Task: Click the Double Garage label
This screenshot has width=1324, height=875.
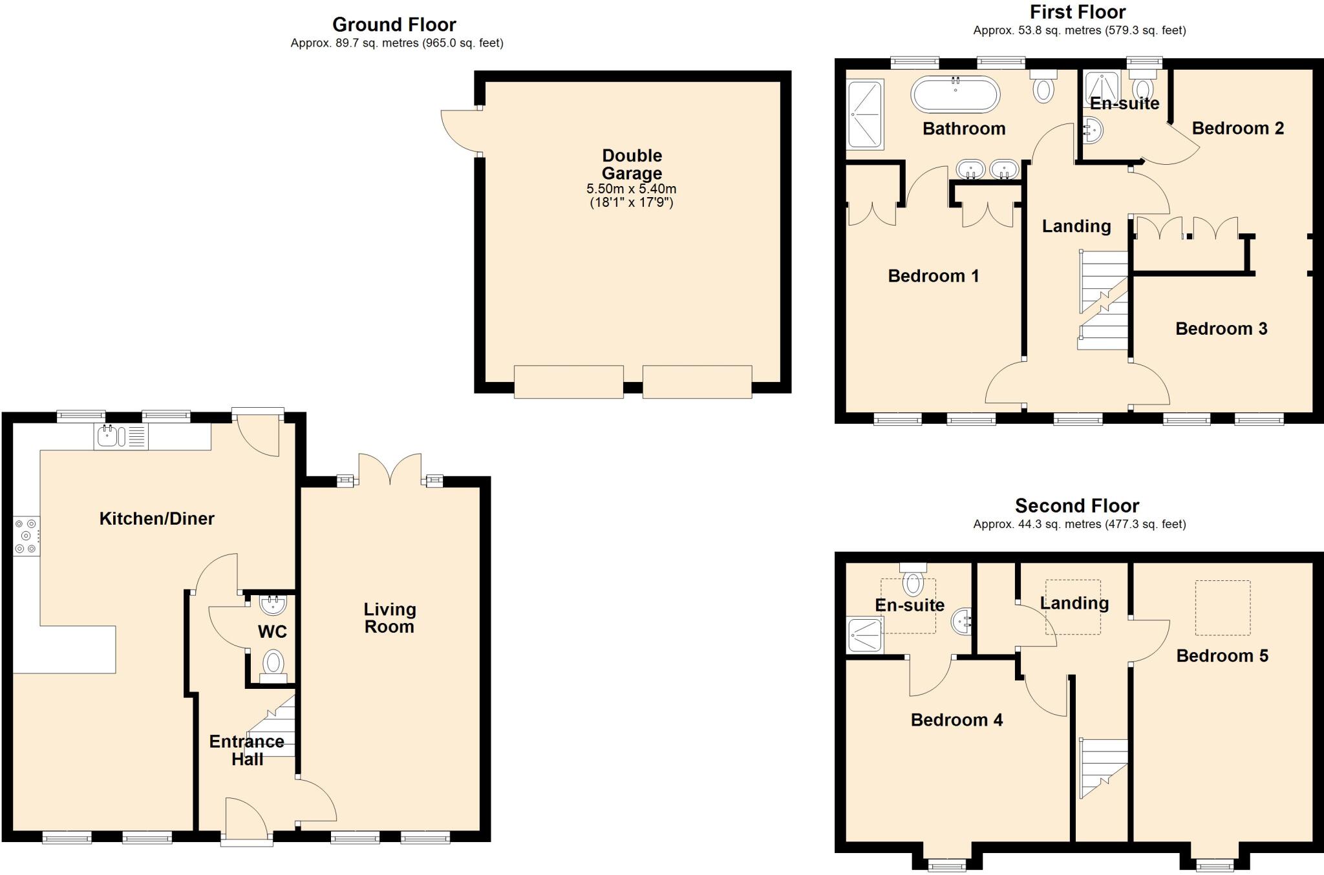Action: (x=632, y=164)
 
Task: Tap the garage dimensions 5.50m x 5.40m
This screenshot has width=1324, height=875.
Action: (x=631, y=189)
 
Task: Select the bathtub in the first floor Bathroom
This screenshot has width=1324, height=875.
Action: (x=955, y=95)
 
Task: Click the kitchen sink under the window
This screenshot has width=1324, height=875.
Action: (x=109, y=436)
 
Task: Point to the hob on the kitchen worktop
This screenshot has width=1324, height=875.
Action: (x=27, y=536)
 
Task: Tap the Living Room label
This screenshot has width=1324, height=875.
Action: (x=389, y=618)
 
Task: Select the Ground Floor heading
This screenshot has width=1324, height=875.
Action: (x=394, y=25)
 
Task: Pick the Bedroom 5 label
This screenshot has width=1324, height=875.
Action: (x=1222, y=656)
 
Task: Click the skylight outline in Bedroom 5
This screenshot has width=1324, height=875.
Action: (x=1222, y=607)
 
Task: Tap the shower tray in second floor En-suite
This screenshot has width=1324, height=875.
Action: (x=865, y=635)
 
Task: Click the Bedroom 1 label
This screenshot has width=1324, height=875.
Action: (x=933, y=276)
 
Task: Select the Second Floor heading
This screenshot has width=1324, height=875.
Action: (x=1076, y=505)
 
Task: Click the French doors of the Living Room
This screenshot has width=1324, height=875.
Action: (x=390, y=469)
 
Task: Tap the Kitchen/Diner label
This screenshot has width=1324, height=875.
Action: (x=156, y=518)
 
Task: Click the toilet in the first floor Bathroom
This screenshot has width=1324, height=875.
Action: (x=1043, y=87)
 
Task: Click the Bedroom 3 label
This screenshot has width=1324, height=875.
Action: (x=1221, y=328)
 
